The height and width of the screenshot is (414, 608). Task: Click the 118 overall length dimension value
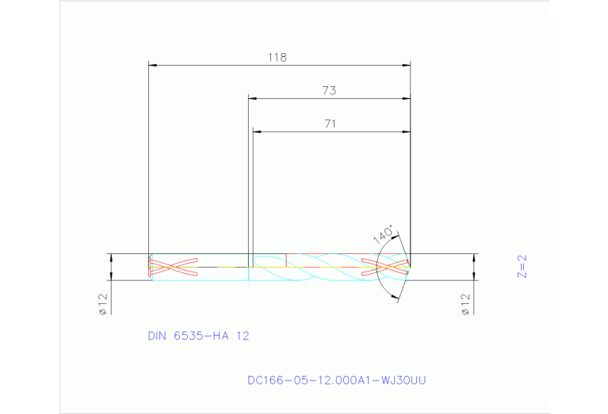(277, 57)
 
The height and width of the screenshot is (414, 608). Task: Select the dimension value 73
(329, 91)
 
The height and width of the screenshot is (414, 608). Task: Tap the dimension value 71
(331, 123)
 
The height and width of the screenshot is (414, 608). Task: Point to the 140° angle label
(384, 235)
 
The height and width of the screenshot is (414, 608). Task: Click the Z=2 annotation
(522, 267)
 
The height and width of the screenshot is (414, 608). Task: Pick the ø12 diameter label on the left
(103, 303)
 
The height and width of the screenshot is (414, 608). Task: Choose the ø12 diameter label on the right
(465, 303)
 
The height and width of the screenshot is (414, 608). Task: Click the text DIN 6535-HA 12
(198, 336)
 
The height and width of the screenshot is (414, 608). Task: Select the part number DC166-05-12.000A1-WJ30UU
(337, 381)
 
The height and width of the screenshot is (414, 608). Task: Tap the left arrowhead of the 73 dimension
(253, 98)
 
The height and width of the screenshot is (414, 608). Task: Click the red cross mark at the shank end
(173, 268)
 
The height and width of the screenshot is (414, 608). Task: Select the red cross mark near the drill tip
(385, 267)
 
